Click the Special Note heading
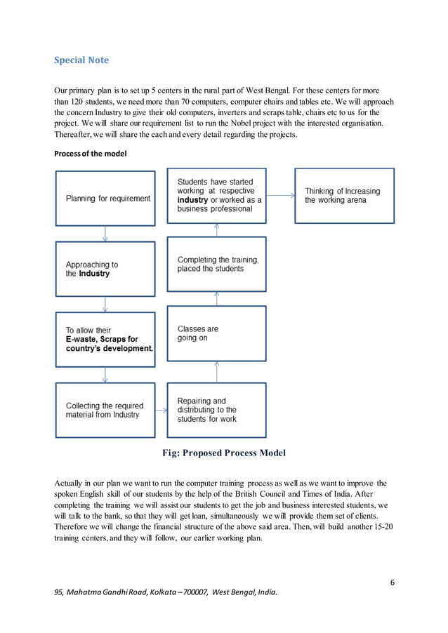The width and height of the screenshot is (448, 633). coord(81,60)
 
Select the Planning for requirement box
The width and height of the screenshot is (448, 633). coord(105,199)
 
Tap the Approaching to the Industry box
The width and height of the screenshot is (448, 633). coord(105,269)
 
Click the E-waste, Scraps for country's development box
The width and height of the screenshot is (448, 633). coord(105,339)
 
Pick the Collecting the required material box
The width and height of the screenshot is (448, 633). coord(105,410)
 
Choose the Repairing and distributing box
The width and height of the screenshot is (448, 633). coord(216,410)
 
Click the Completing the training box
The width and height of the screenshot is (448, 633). coord(216,264)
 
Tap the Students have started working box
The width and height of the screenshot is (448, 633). coord(216,195)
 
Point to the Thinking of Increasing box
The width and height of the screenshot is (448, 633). coord(344,195)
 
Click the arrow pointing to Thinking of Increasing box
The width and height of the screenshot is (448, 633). coord(281,196)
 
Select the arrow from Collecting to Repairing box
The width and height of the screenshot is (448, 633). coord(161,410)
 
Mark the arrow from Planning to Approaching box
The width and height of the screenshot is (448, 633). coord(105,234)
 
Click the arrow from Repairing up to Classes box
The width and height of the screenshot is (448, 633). coord(216,372)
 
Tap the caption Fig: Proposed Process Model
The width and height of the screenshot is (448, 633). coord(224,453)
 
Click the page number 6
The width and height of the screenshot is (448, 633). coord(391,582)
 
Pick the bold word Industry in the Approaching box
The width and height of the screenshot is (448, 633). coord(94,274)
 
